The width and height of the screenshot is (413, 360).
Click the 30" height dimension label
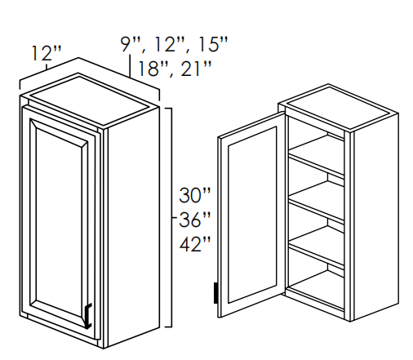195,194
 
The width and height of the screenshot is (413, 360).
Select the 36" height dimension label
195,220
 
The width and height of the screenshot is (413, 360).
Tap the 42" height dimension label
195,243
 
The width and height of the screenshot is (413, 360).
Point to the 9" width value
130,44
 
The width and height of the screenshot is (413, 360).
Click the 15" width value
212,44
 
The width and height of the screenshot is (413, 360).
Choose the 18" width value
153,69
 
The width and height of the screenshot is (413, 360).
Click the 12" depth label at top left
47,53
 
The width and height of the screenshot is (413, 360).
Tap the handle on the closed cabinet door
88,316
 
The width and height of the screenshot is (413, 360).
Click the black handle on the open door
215,293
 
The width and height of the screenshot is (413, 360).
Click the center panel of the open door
252,215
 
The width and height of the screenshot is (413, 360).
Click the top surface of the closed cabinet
90,100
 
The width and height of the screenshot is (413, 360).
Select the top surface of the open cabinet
338,107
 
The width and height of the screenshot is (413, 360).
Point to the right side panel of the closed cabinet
133,226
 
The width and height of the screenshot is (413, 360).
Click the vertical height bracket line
171,217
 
